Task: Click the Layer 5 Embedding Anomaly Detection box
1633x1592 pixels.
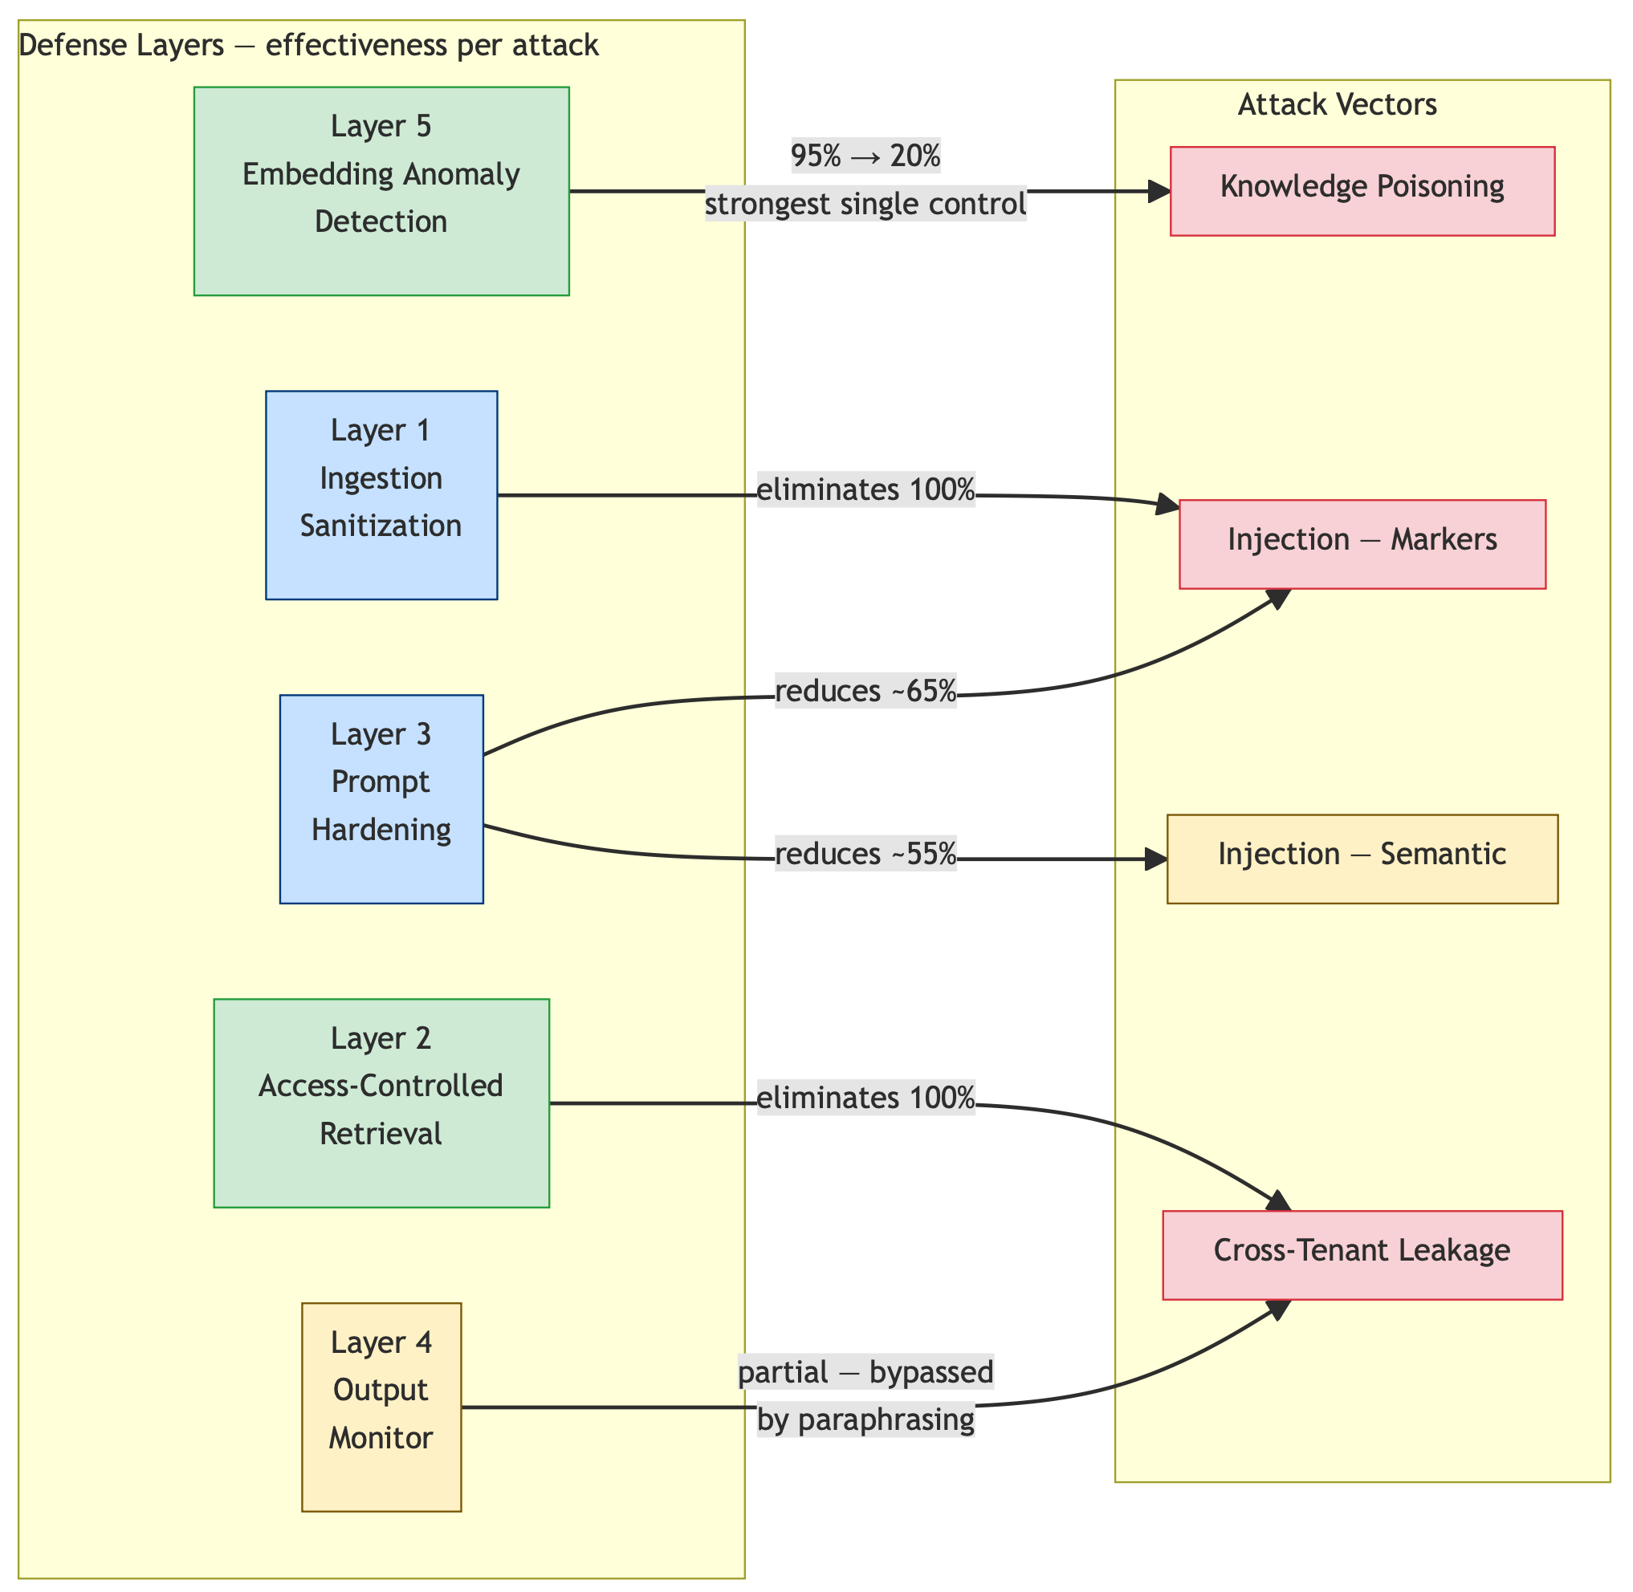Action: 381,191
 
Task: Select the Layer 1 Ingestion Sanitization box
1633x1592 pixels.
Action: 381,495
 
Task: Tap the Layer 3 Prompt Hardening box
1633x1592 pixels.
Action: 381,798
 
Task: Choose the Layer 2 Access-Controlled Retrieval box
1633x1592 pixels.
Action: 381,1103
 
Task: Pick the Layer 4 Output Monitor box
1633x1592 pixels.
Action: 381,1407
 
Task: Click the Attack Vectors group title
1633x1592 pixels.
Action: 1337,104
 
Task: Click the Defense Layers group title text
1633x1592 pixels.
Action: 307,45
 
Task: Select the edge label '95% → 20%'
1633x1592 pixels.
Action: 865,156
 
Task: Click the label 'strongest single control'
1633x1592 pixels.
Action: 865,204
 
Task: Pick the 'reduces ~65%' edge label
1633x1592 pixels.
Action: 865,692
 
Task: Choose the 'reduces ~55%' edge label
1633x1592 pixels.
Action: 865,855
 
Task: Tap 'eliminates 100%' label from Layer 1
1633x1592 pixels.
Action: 865,490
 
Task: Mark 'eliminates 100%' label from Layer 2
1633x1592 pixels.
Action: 865,1098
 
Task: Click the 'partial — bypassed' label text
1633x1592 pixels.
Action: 865,1372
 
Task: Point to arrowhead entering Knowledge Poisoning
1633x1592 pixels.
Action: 1159,192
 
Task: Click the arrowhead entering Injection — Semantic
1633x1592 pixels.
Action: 1157,859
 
